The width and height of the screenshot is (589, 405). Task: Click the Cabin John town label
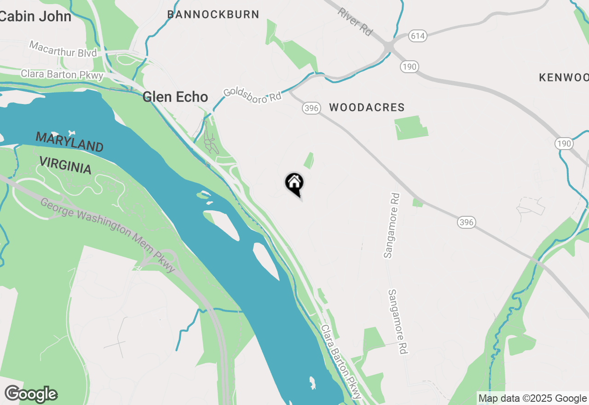[x=36, y=17]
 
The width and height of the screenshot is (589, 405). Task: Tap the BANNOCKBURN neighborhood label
[x=213, y=14]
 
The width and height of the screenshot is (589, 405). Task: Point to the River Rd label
[x=355, y=21]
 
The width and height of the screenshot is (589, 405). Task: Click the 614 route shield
[x=417, y=36]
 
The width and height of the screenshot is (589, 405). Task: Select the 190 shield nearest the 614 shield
[x=409, y=67]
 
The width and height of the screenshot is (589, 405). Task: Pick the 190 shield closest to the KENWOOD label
[x=564, y=143]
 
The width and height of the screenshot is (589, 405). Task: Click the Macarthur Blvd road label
[x=63, y=49]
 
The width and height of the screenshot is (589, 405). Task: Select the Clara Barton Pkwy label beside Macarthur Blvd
[x=62, y=75]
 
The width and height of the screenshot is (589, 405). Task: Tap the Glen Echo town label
[x=175, y=97]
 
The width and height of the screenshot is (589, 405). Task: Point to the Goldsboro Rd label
[x=252, y=93]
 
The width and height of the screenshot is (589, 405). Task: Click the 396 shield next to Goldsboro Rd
[x=311, y=108]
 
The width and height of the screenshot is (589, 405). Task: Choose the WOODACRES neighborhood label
[x=367, y=108]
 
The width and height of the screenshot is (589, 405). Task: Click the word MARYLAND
[x=69, y=142]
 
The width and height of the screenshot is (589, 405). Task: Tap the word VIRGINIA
[x=65, y=164]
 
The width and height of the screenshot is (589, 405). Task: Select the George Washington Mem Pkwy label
[x=108, y=234]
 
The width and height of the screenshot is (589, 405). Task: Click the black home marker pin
[x=294, y=184]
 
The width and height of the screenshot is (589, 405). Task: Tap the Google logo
[x=31, y=394]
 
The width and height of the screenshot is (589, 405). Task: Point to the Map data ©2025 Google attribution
[x=532, y=399]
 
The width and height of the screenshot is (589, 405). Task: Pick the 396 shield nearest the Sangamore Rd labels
[x=466, y=223]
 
